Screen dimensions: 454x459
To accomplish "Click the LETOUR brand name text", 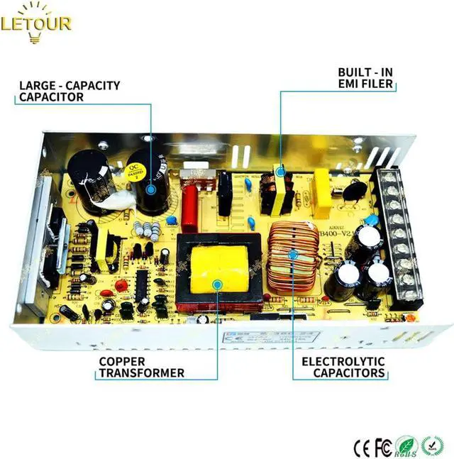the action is [x=36, y=24].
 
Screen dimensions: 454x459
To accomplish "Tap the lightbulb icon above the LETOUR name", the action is [x=36, y=8].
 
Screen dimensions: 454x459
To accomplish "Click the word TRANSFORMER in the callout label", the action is [x=141, y=373].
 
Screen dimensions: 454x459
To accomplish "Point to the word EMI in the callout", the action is [x=349, y=84].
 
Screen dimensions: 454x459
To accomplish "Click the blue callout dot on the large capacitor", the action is [x=151, y=189].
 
